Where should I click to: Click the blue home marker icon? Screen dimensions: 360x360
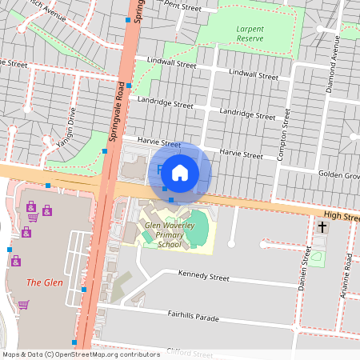coord(180,172)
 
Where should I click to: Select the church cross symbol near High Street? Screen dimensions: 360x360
coord(322,228)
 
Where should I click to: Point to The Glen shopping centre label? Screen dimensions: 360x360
coord(44,282)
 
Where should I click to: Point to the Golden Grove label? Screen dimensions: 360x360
coord(341,174)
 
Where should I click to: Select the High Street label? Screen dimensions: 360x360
coord(342,217)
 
